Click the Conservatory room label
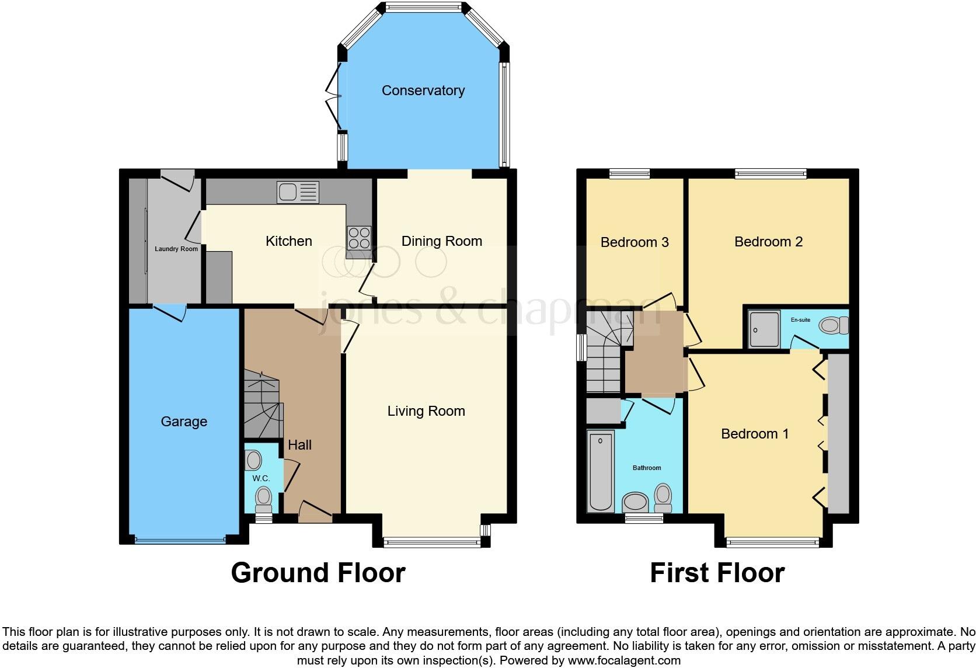(423, 91)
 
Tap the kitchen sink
(298, 192)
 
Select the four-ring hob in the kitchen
(359, 238)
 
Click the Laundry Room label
(176, 249)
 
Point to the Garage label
(184, 422)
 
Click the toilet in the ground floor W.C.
(263, 500)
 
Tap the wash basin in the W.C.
(253, 461)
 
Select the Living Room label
(426, 411)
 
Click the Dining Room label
(441, 241)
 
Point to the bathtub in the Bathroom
(601, 471)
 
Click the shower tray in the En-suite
(764, 329)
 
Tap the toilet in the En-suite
(834, 325)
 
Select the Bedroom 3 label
(635, 242)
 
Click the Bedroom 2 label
(768, 242)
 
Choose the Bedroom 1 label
(755, 434)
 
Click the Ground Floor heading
(318, 573)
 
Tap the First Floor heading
(717, 573)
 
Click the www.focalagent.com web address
(625, 660)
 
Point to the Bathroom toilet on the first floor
(663, 498)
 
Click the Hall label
(300, 445)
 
